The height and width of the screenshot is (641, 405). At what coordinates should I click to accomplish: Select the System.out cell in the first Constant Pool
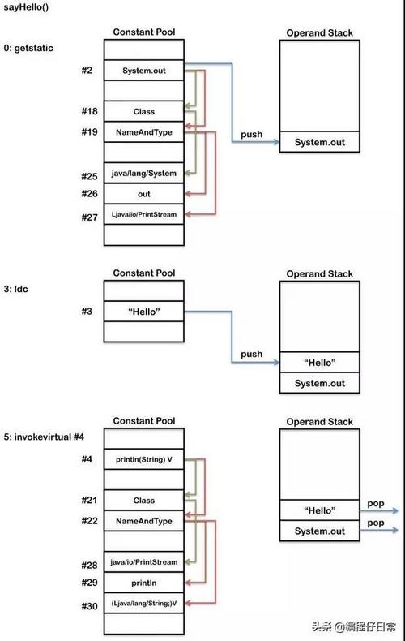(143, 71)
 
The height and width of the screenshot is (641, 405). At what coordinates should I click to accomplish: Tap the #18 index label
(90, 111)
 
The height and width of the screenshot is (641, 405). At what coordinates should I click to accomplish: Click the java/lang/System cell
(143, 173)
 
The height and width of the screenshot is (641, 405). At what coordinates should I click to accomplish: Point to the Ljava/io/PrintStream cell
(143, 214)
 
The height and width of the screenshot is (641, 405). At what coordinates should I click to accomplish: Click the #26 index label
(90, 194)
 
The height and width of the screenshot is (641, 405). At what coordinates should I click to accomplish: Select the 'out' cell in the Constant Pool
(143, 194)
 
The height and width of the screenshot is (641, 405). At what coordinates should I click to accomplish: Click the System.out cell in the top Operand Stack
(319, 142)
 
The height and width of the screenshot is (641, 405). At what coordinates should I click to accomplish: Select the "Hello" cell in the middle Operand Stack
(319, 362)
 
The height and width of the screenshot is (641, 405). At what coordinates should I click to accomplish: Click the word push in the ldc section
(252, 354)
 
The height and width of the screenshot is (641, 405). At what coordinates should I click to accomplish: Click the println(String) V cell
(143, 459)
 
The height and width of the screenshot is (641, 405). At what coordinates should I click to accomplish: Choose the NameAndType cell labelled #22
(143, 520)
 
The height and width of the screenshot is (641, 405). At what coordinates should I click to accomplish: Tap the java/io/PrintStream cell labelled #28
(143, 562)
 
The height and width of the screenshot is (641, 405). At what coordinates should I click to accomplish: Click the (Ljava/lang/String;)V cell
(143, 604)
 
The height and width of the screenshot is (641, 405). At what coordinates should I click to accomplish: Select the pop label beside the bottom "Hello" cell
(375, 502)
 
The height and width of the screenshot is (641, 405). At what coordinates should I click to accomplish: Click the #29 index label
(90, 583)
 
